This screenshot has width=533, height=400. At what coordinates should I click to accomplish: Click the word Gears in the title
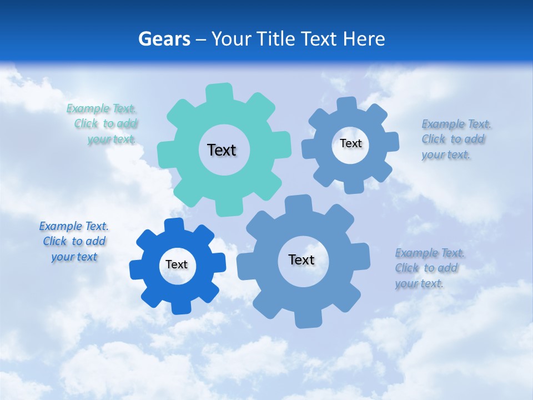click(164, 39)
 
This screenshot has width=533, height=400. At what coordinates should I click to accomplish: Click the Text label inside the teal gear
click(222, 150)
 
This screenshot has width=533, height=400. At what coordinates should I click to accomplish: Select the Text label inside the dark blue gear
click(177, 264)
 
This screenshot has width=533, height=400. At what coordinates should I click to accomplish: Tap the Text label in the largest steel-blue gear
click(301, 259)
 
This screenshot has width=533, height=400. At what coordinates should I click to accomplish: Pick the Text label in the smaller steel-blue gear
click(350, 143)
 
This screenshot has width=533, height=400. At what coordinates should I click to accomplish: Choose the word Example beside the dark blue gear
click(61, 226)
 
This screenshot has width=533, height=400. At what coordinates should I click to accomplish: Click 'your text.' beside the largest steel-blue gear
click(419, 283)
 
